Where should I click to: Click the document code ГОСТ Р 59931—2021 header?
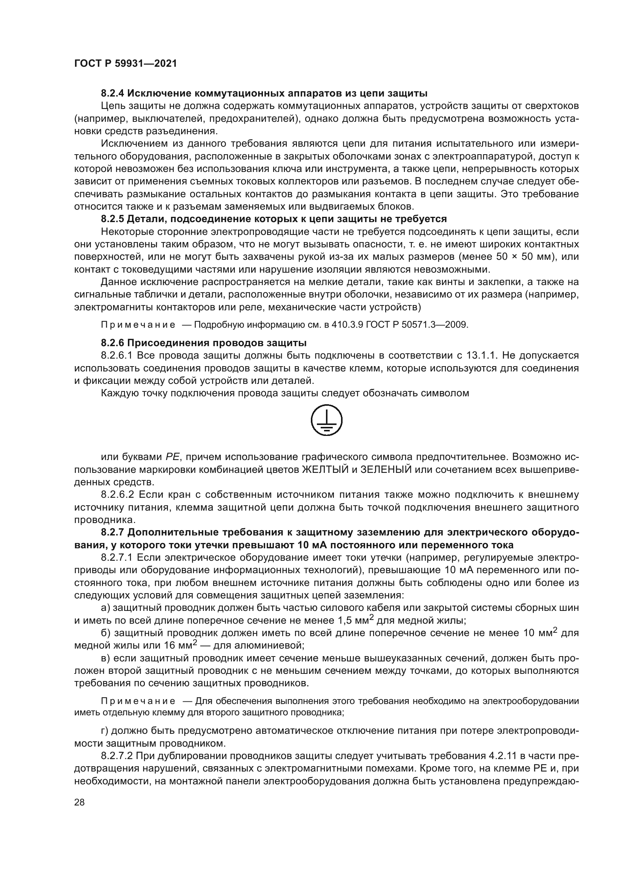pyautogui.click(x=125, y=64)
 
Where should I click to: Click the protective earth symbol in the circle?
pyautogui.click(x=326, y=420)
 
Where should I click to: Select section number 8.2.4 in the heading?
pyautogui.click(x=112, y=94)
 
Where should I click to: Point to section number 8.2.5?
pyautogui.click(x=112, y=219)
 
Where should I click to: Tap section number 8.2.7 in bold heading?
pyautogui.click(x=112, y=532)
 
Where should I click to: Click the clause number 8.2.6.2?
pyautogui.click(x=117, y=494)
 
